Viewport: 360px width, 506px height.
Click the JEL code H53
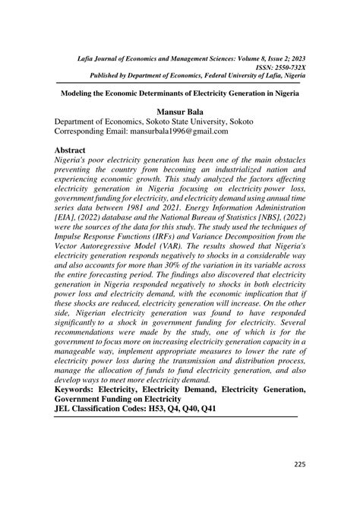[187, 409]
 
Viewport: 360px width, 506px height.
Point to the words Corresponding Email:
[99, 131]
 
